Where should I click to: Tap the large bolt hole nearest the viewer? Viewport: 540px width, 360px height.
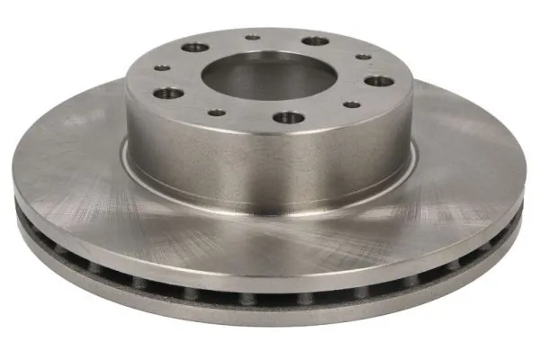[289, 118]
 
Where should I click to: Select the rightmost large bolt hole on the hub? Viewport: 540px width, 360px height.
[379, 81]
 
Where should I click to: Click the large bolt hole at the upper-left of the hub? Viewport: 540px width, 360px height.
[193, 48]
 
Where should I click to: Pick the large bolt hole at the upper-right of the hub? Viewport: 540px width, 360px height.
[315, 41]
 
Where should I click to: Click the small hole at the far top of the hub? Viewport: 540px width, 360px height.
[253, 38]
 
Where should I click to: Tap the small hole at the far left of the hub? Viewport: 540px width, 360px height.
[161, 67]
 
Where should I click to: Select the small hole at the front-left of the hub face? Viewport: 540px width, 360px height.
[217, 113]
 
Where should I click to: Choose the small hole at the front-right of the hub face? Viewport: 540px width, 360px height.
[352, 104]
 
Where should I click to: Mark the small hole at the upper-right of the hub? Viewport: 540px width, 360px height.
[363, 57]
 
